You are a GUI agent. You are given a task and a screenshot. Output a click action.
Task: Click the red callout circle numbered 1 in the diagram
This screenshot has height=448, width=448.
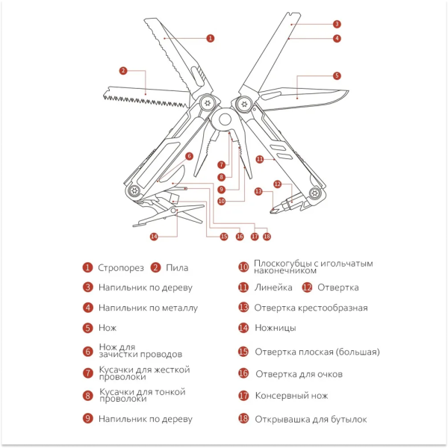click(210, 37)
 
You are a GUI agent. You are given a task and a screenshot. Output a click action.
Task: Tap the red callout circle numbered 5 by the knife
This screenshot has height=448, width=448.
click(337, 75)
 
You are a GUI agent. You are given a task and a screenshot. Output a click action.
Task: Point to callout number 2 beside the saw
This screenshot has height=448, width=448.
click(123, 71)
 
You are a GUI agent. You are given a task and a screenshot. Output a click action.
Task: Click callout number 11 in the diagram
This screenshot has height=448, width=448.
click(260, 159)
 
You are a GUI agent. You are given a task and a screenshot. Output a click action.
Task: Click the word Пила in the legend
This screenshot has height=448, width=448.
click(178, 267)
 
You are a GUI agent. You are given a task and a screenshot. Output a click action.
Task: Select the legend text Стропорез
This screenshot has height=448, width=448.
click(121, 267)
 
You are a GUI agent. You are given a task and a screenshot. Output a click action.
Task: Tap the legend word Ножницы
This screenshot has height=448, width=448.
click(275, 327)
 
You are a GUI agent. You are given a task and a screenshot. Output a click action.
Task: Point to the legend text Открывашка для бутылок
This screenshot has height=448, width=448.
click(311, 419)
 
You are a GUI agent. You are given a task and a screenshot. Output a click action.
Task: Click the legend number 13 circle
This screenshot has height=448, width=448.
click(243, 307)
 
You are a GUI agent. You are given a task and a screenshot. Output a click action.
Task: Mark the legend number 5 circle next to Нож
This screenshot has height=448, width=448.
click(87, 327)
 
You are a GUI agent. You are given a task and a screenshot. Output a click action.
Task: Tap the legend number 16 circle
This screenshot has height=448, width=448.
click(243, 373)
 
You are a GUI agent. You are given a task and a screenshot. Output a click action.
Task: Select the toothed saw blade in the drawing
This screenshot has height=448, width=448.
click(146, 99)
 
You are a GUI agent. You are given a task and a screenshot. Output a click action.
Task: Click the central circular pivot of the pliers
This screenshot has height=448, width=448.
click(223, 119)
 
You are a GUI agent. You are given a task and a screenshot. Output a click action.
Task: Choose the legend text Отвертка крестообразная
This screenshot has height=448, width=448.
click(311, 307)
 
